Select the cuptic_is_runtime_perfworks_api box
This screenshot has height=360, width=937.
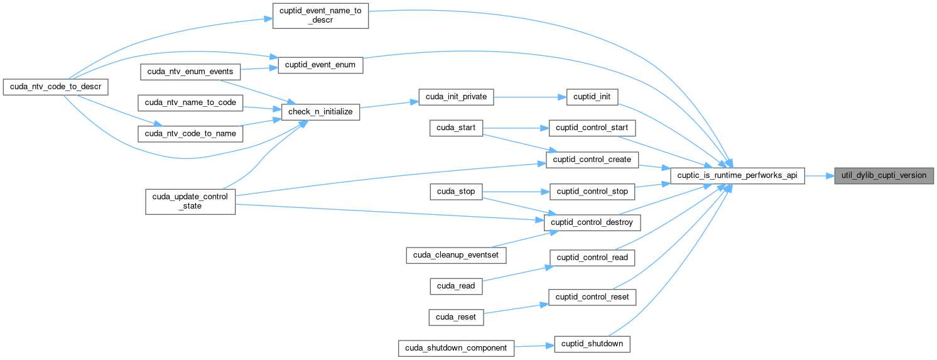point(737,175)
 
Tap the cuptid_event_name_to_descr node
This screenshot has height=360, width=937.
point(320,15)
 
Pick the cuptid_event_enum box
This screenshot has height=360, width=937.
point(320,65)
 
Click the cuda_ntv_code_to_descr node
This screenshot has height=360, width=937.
point(56,85)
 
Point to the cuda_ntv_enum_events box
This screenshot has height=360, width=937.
point(190,72)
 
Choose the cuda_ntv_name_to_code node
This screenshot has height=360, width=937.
point(190,102)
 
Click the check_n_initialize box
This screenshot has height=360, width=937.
point(320,112)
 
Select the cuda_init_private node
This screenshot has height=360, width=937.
point(456,97)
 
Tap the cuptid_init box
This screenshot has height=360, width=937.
point(592,97)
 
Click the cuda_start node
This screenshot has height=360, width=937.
point(456,128)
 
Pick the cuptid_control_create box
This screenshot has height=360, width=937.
point(592,160)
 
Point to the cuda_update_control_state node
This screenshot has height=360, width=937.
point(190,201)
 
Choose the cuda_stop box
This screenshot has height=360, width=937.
point(456,191)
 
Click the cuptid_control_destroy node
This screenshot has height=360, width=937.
point(594,222)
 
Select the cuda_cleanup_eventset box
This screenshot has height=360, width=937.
point(456,254)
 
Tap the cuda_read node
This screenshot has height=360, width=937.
point(456,286)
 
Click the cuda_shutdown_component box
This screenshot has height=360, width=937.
point(457,348)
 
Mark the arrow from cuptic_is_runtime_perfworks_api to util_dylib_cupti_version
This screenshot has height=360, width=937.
point(819,175)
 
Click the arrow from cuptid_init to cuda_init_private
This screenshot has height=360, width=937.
point(531,97)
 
